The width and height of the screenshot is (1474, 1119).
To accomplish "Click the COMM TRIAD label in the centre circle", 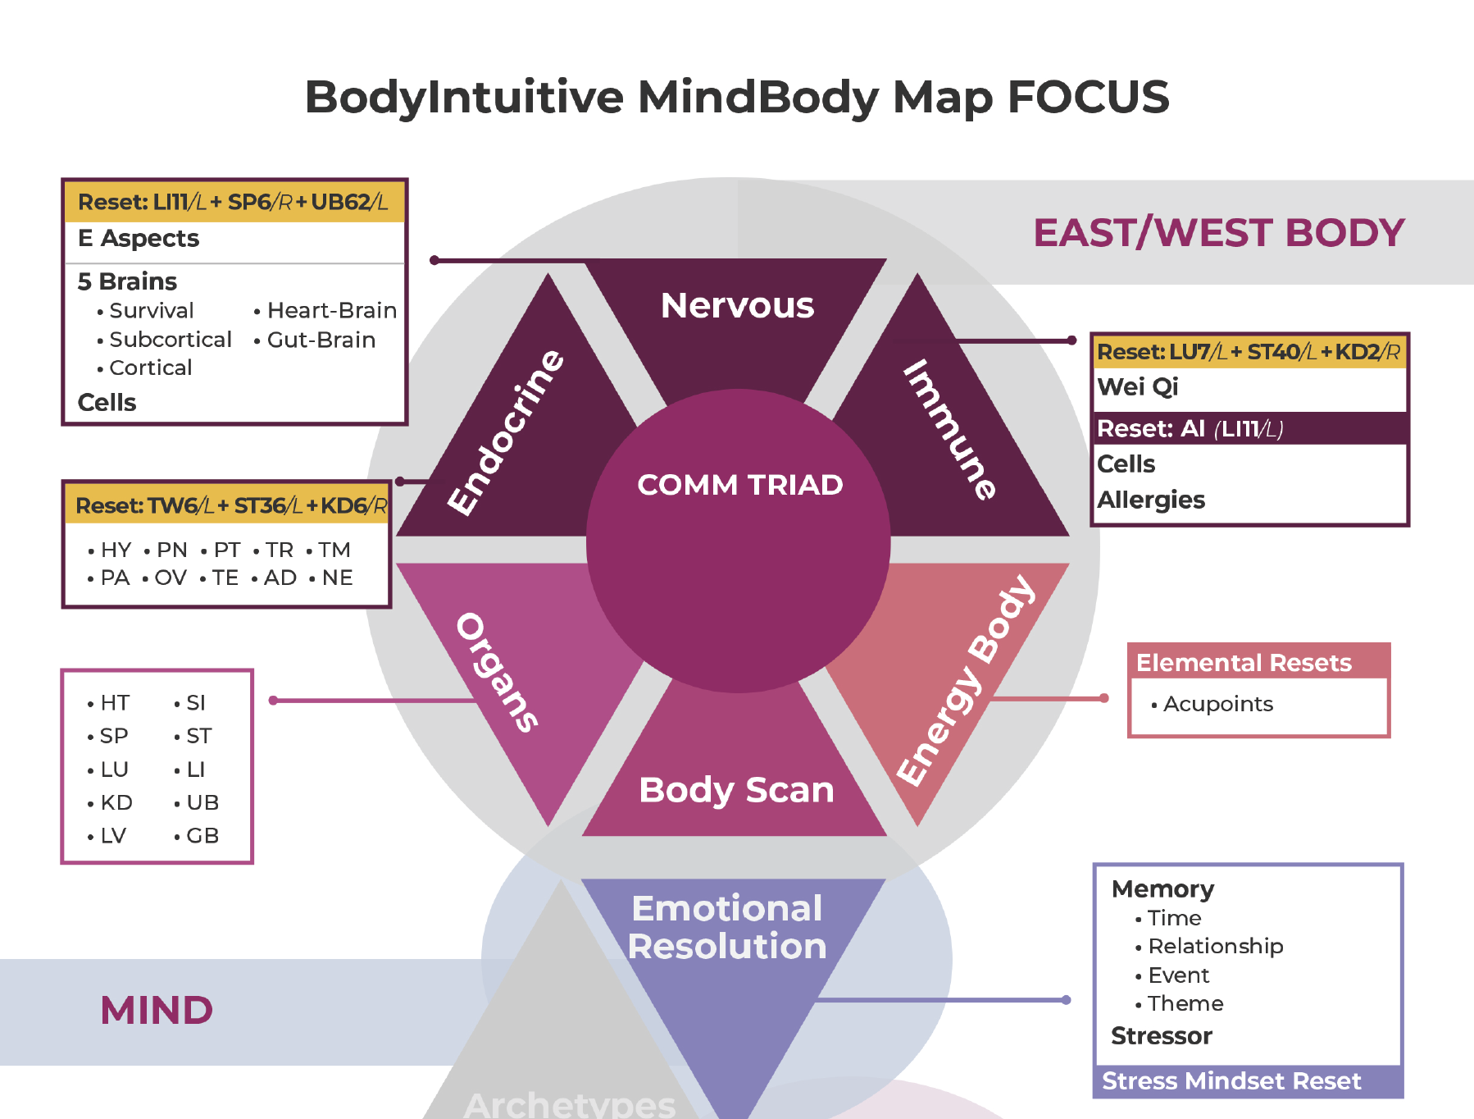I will coord(739,485).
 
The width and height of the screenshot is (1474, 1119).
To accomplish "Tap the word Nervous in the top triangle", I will coord(737,305).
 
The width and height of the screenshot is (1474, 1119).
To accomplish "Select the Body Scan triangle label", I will coord(736,790).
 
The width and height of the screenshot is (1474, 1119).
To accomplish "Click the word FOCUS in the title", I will coord(1087,97).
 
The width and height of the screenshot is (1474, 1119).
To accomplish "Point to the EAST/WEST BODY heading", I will coord(1219,233).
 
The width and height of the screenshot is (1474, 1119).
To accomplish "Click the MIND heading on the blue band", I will coord(157,1010).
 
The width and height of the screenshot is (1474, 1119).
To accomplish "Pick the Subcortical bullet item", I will coord(170,340).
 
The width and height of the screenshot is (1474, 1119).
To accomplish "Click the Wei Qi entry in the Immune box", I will coord(1137,386).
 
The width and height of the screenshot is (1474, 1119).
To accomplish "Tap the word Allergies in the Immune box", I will coord(1150,500).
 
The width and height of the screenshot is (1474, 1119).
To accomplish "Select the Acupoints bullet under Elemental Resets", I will coord(1217,704).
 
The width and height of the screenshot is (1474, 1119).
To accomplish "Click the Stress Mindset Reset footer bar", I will coord(1231,1081).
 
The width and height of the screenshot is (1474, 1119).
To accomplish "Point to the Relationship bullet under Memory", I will coord(1215,946).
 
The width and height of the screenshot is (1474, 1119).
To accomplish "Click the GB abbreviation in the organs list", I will coord(202,836).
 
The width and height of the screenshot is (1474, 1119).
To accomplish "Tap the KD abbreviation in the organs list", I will coord(116,802).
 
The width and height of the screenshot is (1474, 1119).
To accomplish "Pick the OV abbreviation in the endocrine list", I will coord(170,578).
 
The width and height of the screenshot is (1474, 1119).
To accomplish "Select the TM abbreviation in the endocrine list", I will coord(334,550).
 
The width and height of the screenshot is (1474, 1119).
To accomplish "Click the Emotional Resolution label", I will coord(727,927).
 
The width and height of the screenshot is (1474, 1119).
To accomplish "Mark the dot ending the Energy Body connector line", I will coord(1103,698).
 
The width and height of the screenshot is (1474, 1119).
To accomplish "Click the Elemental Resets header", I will coord(1243,663).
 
